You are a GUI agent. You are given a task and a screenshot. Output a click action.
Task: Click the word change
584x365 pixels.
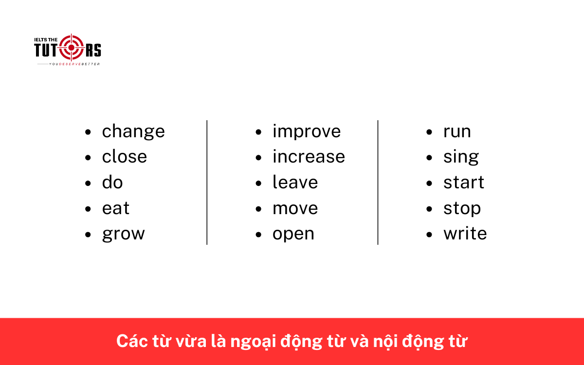point(133,132)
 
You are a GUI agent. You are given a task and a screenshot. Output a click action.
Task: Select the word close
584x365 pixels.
point(124,157)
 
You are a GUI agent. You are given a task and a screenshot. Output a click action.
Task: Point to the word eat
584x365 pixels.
point(116,208)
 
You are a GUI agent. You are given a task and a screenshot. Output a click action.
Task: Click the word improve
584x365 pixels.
point(307,132)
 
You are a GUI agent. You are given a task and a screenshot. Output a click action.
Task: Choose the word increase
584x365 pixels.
point(309,157)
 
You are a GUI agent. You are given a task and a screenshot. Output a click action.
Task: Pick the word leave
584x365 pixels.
point(295,182)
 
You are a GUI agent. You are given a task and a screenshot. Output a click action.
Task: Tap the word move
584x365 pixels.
point(295,208)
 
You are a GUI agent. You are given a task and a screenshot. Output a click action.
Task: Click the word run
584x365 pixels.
point(457,132)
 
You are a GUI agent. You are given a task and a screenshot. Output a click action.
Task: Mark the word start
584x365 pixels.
point(463,182)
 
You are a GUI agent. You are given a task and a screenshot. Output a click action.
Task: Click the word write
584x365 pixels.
point(465,234)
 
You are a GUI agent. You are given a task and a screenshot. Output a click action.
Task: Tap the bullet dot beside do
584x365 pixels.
point(88,183)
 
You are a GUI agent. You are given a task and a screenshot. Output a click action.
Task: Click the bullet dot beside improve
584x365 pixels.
point(259,132)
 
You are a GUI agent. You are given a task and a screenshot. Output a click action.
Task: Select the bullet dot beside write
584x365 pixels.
point(429,234)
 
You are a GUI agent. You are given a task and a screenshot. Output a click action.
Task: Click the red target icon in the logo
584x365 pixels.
point(72,48)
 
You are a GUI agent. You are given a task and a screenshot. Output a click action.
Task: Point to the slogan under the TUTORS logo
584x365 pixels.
point(73,64)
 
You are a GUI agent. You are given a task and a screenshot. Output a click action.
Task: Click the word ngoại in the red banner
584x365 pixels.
point(257,342)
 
